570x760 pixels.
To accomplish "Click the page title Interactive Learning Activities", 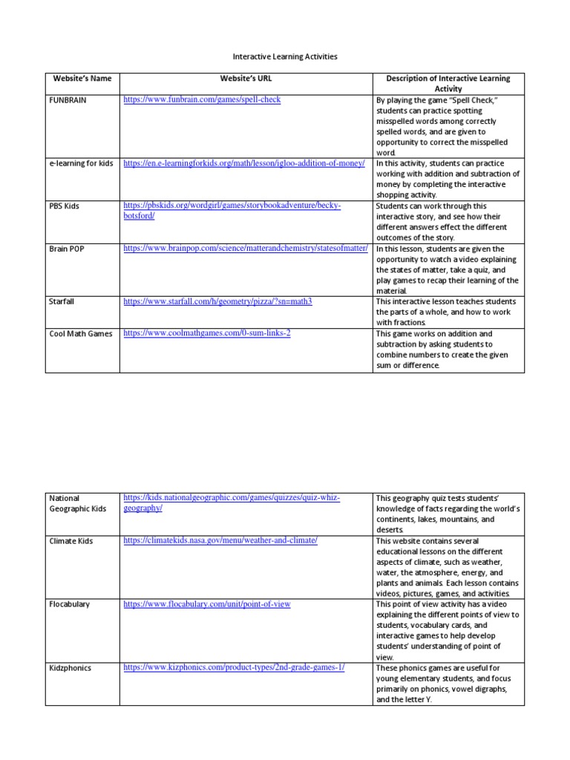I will point(285,56).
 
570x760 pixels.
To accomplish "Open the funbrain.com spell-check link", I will point(202,99).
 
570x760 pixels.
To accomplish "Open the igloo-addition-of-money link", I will point(244,163).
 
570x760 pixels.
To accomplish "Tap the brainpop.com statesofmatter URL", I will point(246,249).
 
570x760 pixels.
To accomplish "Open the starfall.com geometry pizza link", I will point(217,302).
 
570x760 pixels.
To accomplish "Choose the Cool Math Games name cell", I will point(81,334).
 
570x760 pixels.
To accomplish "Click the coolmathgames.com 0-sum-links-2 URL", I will point(207,334).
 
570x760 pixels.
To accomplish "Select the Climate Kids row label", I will point(72,541).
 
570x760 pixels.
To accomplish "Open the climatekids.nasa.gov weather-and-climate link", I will point(220,540).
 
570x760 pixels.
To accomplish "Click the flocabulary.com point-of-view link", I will point(207,604).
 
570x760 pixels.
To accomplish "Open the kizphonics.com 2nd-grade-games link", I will point(234,668).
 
